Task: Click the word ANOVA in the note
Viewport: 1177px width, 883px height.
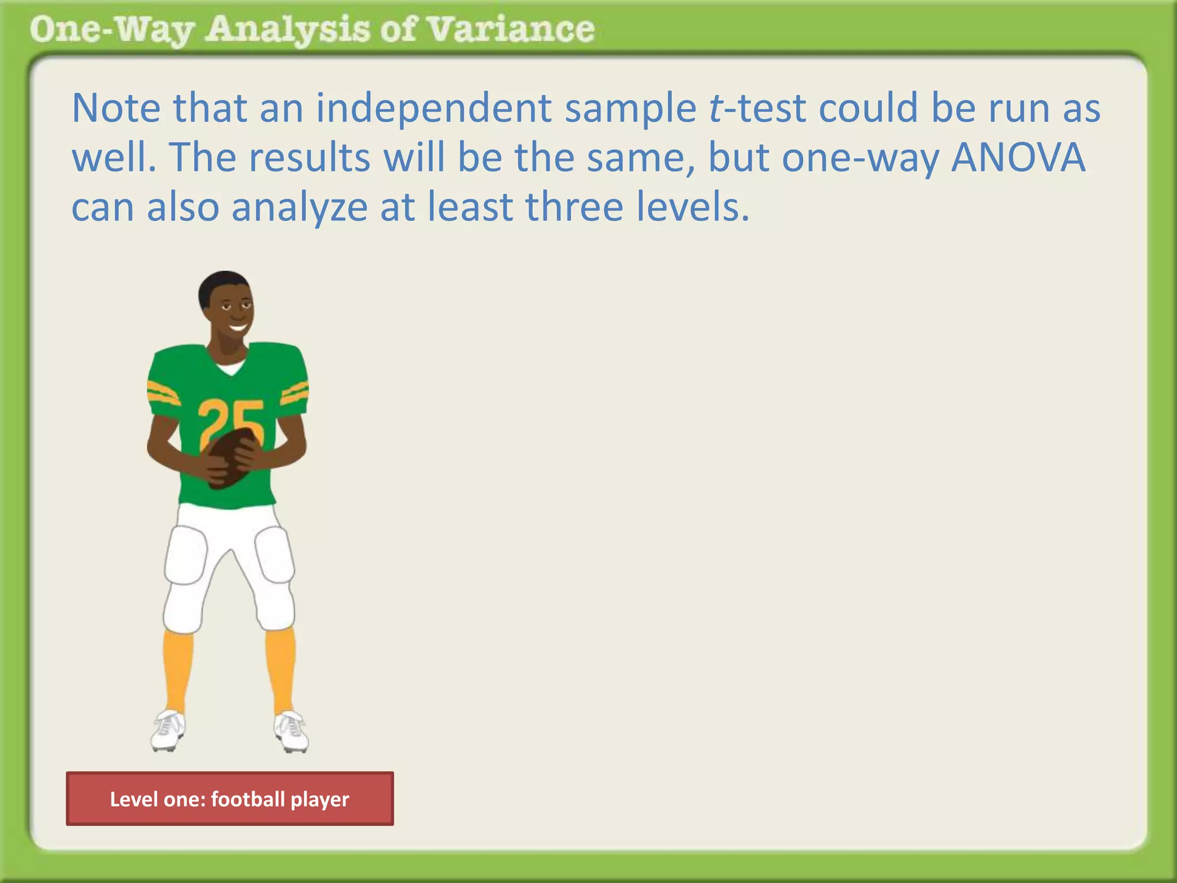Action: (1018, 157)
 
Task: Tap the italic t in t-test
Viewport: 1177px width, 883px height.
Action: (715, 108)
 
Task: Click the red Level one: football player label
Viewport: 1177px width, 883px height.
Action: (230, 799)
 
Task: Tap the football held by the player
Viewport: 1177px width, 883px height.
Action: (230, 457)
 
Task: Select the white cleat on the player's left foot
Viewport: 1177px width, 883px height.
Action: (291, 731)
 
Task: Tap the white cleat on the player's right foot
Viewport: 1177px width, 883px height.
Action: (168, 730)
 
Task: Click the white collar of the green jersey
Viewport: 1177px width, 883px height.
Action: (230, 367)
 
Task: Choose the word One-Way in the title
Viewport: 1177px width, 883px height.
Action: (111, 30)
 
